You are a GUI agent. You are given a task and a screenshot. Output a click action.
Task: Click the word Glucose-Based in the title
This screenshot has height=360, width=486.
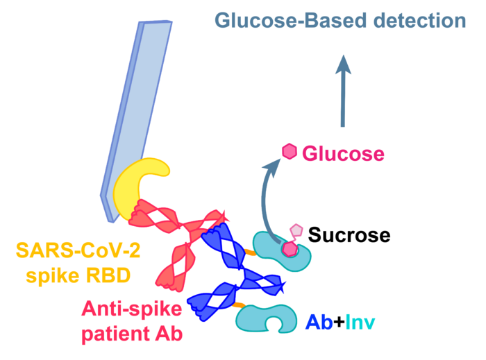[x=290, y=21]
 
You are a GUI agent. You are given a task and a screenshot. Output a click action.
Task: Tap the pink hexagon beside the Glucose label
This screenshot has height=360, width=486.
[x=289, y=151]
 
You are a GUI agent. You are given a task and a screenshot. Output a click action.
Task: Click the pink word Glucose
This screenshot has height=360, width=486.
[x=343, y=153]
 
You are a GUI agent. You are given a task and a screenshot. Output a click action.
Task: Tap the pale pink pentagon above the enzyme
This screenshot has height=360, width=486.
[x=296, y=230]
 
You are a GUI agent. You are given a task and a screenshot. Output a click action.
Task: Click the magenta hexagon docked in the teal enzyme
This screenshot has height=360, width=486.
[x=290, y=247]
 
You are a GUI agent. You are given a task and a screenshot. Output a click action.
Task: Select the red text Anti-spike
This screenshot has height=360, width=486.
[x=131, y=308]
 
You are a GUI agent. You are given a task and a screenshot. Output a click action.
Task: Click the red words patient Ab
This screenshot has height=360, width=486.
[x=131, y=334]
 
